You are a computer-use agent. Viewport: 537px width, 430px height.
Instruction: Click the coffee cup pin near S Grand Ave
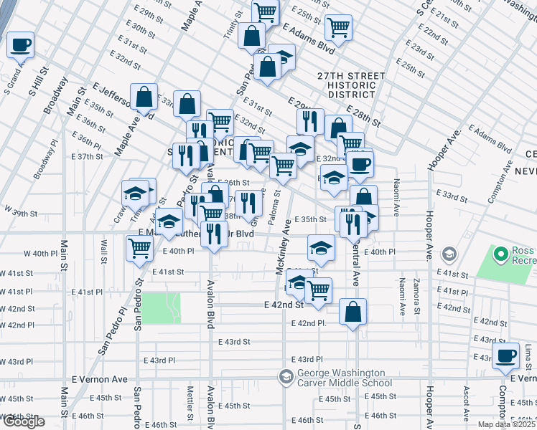pyautogui.click(x=20, y=44)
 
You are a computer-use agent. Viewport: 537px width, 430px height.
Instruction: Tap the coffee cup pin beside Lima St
pyautogui.click(x=505, y=355)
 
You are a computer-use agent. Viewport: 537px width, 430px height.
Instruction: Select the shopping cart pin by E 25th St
pyautogui.click(x=338, y=28)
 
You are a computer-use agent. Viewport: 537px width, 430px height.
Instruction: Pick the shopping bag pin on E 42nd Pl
pyautogui.click(x=352, y=312)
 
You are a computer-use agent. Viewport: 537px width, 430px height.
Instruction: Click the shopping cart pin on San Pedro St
pyautogui.click(x=139, y=249)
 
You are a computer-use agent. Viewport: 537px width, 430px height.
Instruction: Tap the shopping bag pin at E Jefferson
pyautogui.click(x=144, y=97)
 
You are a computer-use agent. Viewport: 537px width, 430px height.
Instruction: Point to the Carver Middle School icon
pyautogui.click(x=286, y=377)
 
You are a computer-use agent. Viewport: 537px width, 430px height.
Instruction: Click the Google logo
pyautogui.click(x=24, y=421)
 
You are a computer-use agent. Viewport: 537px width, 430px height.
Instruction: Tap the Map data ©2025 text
pyautogui.click(x=507, y=424)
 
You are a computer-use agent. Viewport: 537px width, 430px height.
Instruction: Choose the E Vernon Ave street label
pyautogui.click(x=99, y=379)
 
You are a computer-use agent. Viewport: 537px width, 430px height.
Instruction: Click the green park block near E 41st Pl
pyautogui.click(x=161, y=308)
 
